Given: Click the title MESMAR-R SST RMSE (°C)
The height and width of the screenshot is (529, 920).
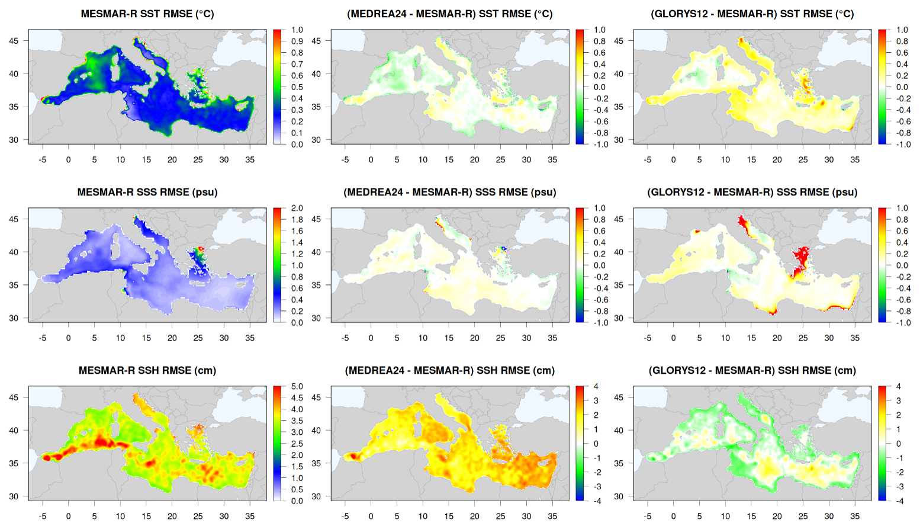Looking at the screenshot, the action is click(147, 14).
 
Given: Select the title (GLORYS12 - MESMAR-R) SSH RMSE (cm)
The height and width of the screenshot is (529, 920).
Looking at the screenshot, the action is click(752, 370).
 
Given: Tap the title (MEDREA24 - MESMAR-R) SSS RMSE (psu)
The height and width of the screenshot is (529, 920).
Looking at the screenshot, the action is click(450, 193).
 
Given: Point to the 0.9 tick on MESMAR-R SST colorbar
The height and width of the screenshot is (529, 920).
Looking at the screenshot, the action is click(297, 41).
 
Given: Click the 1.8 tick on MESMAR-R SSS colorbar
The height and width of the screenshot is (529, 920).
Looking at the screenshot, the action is click(297, 220).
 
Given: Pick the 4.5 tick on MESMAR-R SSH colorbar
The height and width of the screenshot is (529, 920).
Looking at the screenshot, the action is click(297, 398).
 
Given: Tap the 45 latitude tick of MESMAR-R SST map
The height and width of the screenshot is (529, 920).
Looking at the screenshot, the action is click(14, 41).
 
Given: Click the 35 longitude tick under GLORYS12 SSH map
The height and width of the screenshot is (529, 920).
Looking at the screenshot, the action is click(855, 516).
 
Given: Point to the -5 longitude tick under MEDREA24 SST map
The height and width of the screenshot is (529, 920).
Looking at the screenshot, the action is click(345, 159).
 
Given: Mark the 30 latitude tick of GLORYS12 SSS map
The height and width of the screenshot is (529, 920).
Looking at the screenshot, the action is click(619, 318).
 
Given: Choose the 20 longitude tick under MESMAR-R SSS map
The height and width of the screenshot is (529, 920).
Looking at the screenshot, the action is click(172, 338).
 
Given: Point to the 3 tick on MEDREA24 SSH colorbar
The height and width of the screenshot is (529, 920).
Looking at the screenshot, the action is click(596, 401).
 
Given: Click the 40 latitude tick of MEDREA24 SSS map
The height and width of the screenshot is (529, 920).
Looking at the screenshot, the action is click(316, 252).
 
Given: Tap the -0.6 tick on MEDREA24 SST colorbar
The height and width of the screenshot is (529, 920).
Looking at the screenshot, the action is click(600, 121).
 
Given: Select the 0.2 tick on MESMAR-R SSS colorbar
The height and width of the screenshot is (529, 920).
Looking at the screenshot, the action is click(297, 311).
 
